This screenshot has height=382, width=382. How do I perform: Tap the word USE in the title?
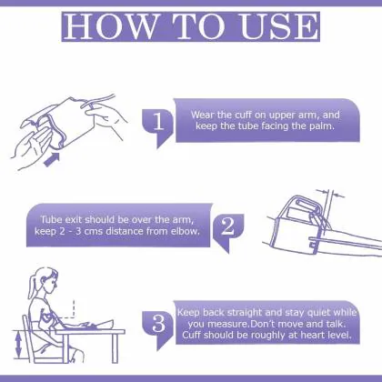click(x=279, y=26)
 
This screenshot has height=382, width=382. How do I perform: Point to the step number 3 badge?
click(x=158, y=325)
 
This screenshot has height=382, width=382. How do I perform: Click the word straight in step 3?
click(x=245, y=313)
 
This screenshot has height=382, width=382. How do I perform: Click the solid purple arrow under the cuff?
click(x=52, y=159)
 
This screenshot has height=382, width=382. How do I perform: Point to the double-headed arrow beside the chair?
click(x=18, y=345)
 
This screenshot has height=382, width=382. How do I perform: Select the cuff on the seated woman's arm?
click(x=45, y=316)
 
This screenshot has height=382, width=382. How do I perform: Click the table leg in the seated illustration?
click(x=115, y=348)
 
